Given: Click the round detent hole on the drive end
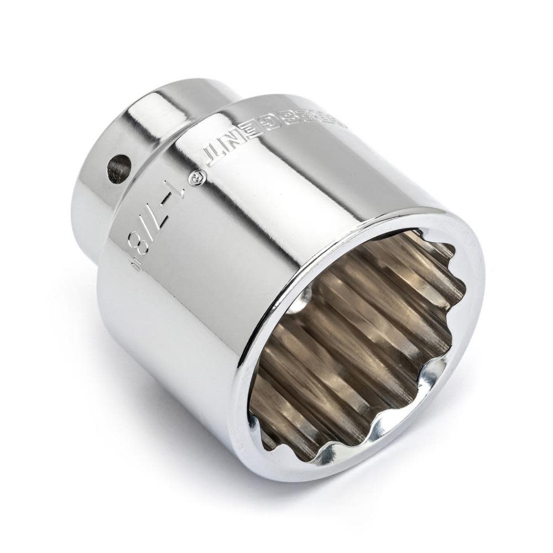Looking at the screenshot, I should coord(119,169).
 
